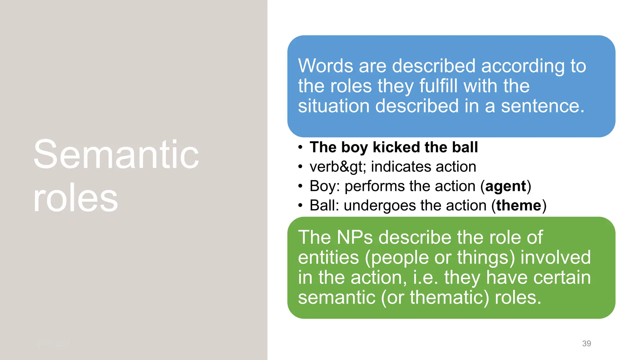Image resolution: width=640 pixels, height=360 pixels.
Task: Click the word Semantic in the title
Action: pos(116,155)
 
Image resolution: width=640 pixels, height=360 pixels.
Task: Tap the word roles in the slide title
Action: pos(76,198)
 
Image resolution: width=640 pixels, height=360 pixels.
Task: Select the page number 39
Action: pos(587,343)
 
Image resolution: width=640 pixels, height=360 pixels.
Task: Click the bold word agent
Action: pos(506,187)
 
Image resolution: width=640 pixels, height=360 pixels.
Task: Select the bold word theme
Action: pos(519,206)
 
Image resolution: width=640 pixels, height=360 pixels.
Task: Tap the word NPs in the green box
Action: pos(355,237)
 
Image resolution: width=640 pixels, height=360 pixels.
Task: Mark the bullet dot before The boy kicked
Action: pos(300,147)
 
